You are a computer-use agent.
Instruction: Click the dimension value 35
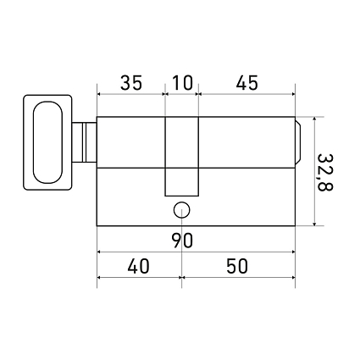point(131,83)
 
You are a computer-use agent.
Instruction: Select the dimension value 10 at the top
point(182,83)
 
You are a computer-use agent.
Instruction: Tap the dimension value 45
point(247,83)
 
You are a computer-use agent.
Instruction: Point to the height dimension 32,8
point(325,172)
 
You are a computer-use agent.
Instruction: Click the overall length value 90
point(182,241)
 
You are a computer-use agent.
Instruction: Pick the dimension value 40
point(138,266)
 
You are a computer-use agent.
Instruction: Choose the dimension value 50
point(237,266)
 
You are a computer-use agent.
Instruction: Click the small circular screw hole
point(181,210)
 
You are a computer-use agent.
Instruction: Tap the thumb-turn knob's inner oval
point(47,142)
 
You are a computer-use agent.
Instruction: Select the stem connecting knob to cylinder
point(84,142)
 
